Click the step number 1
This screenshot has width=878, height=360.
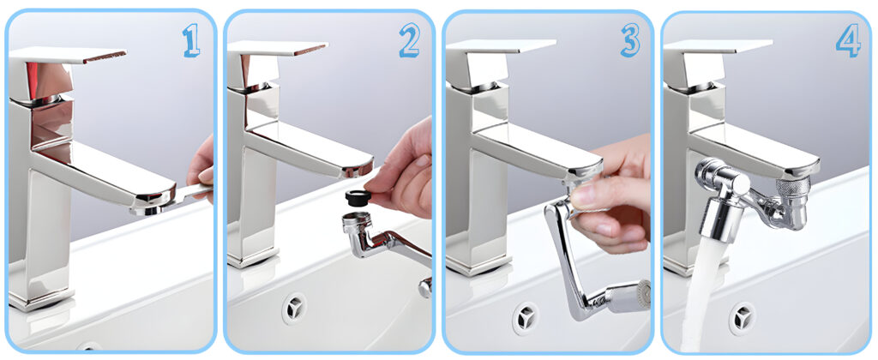tap(191, 40)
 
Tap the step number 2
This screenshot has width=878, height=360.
tap(409, 40)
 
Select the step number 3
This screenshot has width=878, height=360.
tap(630, 40)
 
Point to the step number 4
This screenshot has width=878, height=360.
tap(848, 40)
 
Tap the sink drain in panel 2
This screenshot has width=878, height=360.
tap(294, 309)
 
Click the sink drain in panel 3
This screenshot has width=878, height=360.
tap(526, 318)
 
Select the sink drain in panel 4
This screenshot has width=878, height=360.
tap(743, 318)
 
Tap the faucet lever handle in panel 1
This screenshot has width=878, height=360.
tap(67, 54)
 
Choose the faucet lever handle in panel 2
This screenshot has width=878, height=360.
tap(277, 48)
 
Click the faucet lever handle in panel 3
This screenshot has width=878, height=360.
tap(501, 46)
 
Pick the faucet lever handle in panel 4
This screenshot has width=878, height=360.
tap(718, 47)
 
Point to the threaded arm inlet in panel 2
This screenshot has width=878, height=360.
tap(355, 222)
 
